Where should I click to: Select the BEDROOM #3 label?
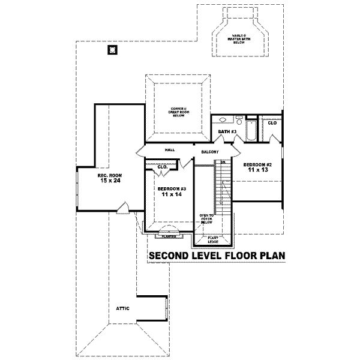172,189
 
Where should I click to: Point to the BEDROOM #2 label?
258,164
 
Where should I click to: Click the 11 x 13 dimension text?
258,170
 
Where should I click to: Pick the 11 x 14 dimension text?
172,195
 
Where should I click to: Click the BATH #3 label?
227,131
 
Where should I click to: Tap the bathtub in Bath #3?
251,130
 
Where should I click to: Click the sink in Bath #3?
223,120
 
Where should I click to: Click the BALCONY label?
209,152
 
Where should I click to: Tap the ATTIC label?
123,308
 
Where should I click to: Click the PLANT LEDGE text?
213,239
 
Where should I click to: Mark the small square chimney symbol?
112,50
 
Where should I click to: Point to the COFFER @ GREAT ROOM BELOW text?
179,112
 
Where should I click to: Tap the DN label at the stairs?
222,162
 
